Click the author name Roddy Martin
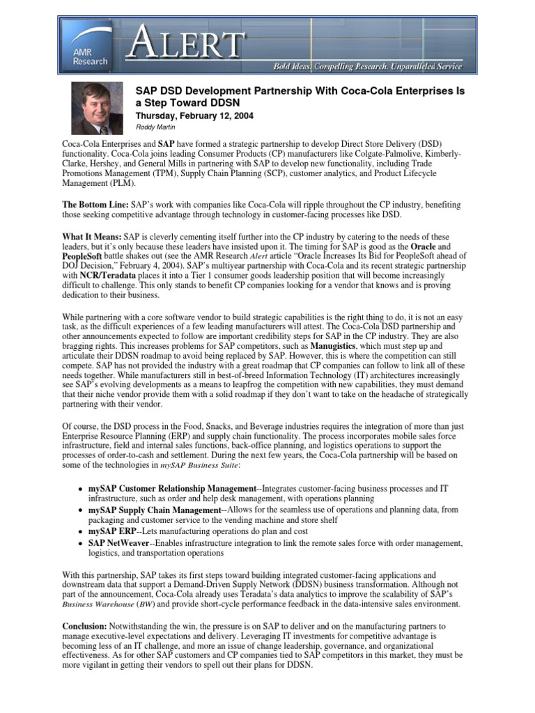click(155, 128)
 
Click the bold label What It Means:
click(92, 237)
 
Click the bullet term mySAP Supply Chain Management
click(154, 510)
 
